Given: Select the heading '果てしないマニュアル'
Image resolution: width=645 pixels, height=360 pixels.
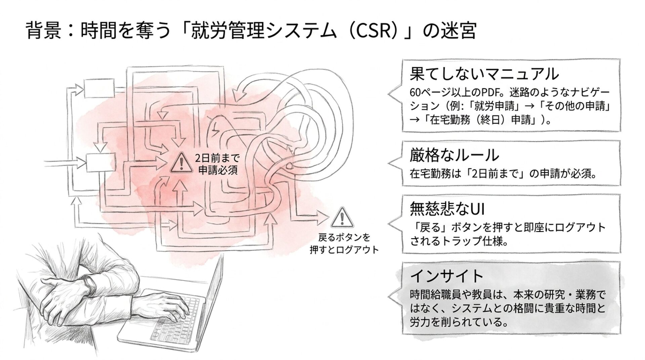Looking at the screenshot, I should (484, 74).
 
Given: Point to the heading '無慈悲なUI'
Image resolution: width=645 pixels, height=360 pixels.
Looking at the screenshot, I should (447, 209).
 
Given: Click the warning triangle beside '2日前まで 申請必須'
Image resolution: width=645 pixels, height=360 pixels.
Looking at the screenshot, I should (181, 163).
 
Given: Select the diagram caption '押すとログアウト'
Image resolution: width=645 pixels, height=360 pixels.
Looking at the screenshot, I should (344, 250).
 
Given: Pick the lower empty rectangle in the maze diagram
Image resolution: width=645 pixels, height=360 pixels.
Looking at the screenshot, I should (101, 163).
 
